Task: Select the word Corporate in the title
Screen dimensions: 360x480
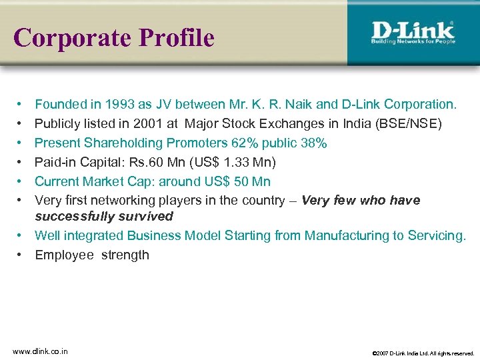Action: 73,38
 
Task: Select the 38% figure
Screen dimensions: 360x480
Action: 313,143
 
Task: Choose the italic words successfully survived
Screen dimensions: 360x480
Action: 103,216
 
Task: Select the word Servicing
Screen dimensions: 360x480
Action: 438,235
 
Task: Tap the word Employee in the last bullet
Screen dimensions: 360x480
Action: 64,255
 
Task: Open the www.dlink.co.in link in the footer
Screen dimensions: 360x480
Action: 41,351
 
